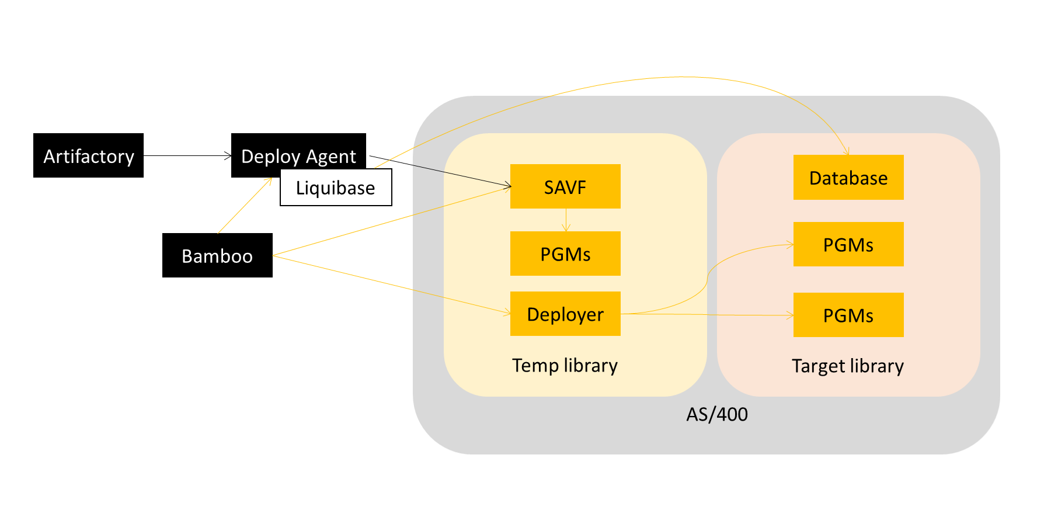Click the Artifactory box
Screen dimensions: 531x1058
pos(88,155)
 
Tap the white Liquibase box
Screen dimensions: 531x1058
pos(336,188)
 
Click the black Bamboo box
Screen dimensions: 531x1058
pos(217,255)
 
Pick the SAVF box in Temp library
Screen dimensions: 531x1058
pos(565,186)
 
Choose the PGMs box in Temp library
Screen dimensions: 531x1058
pos(565,254)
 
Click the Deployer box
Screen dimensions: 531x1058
pos(565,314)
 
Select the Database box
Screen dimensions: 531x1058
pos(848,177)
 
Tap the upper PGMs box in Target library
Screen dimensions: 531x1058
pos(848,244)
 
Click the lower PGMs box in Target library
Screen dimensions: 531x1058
pos(848,315)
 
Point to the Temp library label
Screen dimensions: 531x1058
pos(565,365)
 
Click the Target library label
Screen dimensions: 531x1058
pos(847,366)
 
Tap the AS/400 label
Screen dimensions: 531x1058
pos(716,414)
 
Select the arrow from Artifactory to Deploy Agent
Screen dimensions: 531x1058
pos(187,156)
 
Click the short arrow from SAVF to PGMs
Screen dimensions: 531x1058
pos(566,220)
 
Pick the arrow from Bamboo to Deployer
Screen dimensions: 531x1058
pos(391,285)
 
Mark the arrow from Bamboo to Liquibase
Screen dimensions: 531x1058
pos(244,206)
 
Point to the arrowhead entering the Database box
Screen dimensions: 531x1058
pos(847,151)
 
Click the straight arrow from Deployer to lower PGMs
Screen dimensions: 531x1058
pos(707,315)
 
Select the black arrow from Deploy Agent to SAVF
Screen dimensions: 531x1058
pos(441,171)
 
